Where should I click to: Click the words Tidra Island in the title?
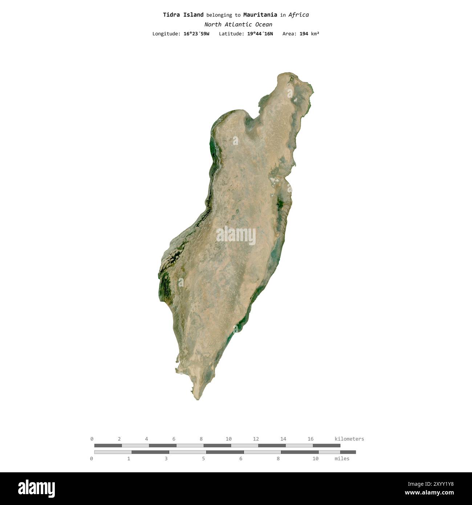[183, 15]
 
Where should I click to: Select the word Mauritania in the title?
[260, 15]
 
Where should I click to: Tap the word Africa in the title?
[298, 15]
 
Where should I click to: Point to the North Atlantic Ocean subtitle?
[238, 25]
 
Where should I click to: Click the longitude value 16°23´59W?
[196, 34]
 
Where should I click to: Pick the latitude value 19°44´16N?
[260, 34]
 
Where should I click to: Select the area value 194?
[304, 34]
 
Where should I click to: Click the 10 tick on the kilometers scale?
[228, 439]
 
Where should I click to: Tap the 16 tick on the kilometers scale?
[310, 439]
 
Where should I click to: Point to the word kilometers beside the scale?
[349, 439]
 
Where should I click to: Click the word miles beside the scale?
[342, 458]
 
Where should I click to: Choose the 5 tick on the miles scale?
[203, 458]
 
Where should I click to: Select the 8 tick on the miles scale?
[278, 458]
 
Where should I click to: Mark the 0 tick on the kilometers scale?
[92, 439]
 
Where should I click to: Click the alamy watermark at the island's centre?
[236, 235]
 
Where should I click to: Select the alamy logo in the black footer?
[37, 489]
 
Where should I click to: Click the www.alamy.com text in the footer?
[429, 493]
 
